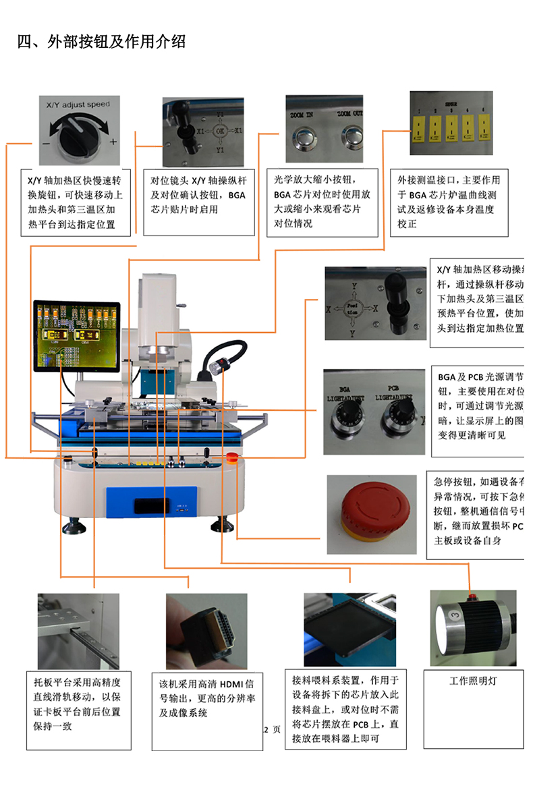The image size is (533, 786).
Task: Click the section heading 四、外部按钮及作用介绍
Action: (101, 42)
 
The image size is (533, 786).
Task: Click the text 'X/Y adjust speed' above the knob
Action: (77, 105)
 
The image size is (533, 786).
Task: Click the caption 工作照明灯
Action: (473, 681)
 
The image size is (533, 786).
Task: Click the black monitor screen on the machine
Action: (76, 338)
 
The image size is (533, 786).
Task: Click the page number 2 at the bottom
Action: (266, 729)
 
